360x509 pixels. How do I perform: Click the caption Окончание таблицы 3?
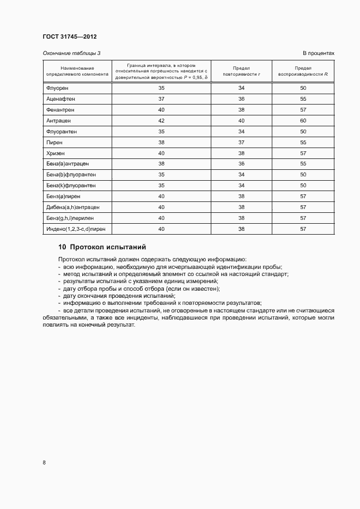click(x=71, y=53)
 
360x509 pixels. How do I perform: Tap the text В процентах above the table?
click(x=319, y=53)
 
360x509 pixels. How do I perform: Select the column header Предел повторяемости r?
click(x=241, y=70)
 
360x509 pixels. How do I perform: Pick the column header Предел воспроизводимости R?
click(x=303, y=70)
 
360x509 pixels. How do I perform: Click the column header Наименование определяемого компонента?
click(x=77, y=70)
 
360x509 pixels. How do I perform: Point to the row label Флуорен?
click(x=58, y=88)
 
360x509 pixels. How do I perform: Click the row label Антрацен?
click(x=58, y=120)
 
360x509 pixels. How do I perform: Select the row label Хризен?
click(x=56, y=153)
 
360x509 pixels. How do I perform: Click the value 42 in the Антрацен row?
click(x=161, y=120)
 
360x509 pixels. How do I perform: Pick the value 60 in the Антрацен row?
click(x=303, y=120)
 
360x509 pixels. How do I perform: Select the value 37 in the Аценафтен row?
click(x=161, y=99)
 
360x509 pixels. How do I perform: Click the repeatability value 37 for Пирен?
click(x=241, y=142)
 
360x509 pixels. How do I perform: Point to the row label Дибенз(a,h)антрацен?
click(x=72, y=207)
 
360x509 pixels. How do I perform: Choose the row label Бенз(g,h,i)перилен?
click(x=70, y=218)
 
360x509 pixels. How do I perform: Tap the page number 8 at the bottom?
click(x=44, y=463)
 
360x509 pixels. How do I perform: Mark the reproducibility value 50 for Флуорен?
click(x=303, y=88)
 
